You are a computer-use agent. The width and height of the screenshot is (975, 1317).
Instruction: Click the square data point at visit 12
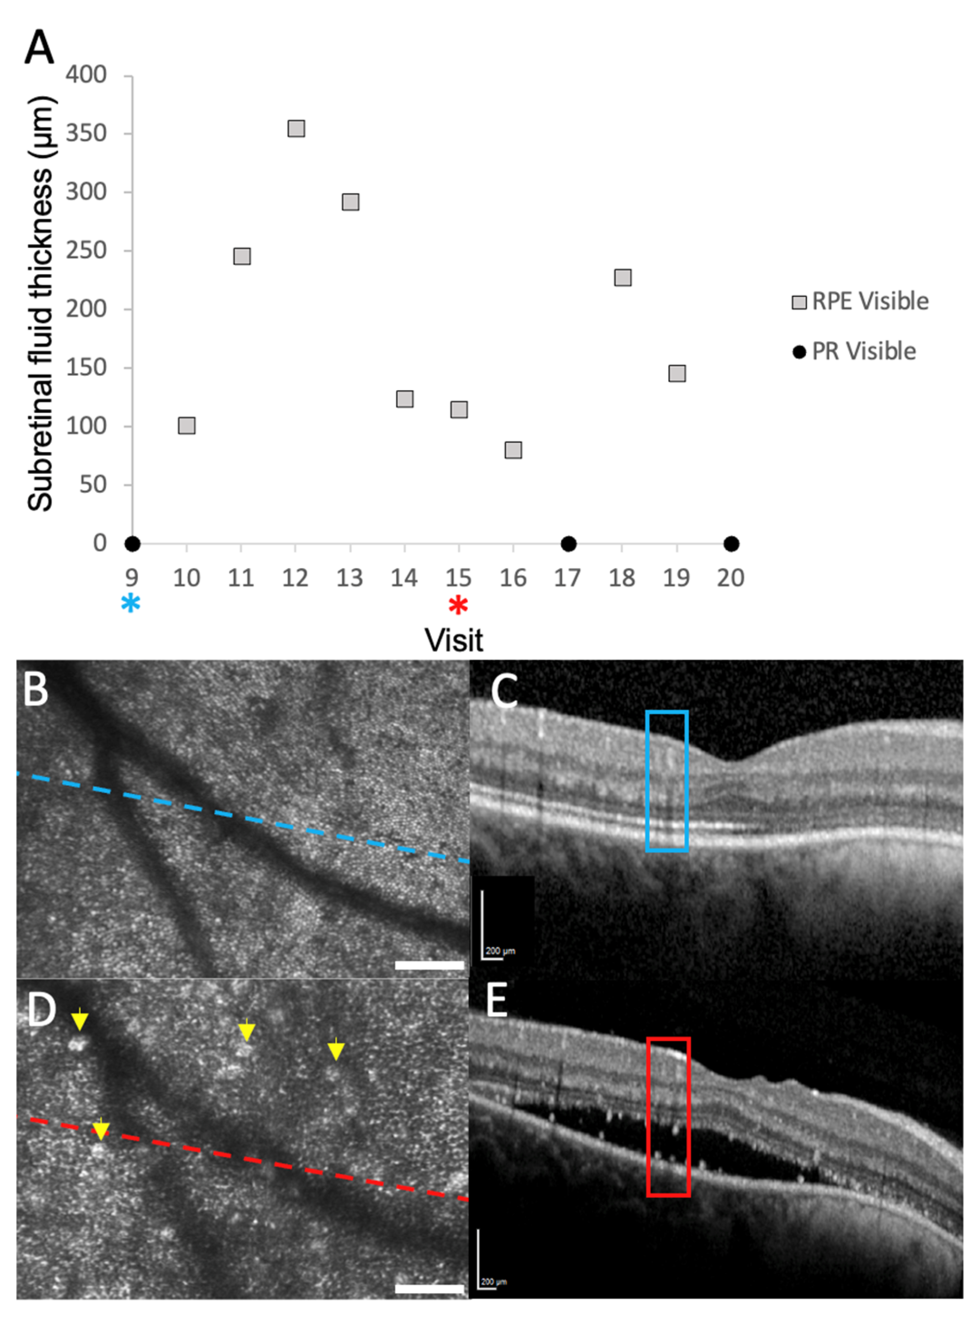click(296, 129)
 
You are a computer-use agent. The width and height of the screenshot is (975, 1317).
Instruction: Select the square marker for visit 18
click(623, 278)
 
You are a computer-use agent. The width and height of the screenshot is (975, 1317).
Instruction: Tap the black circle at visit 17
click(568, 544)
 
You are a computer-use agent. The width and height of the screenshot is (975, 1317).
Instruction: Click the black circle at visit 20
click(731, 544)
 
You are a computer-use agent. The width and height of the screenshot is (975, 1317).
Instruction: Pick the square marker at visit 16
click(513, 450)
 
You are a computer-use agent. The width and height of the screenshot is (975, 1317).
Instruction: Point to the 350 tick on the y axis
click(86, 133)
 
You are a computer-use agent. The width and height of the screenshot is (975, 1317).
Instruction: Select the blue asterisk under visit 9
click(131, 604)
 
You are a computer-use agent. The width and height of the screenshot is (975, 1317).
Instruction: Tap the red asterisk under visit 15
click(458, 606)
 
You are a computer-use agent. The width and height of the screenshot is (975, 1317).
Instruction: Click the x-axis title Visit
click(454, 640)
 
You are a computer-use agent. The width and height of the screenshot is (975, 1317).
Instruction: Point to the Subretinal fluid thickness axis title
click(41, 304)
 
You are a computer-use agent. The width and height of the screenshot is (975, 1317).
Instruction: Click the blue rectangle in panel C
click(667, 782)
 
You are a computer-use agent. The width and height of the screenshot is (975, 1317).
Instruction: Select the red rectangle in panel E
click(668, 1117)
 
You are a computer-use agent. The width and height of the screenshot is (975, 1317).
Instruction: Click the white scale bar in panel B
click(429, 966)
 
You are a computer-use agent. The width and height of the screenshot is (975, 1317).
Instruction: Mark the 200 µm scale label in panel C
click(501, 951)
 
